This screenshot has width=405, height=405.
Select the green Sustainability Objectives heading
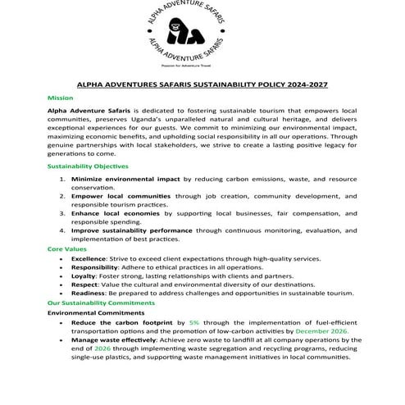[88, 166]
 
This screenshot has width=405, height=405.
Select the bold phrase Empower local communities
[121, 196]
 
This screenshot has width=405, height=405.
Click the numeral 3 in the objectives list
[62, 214]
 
